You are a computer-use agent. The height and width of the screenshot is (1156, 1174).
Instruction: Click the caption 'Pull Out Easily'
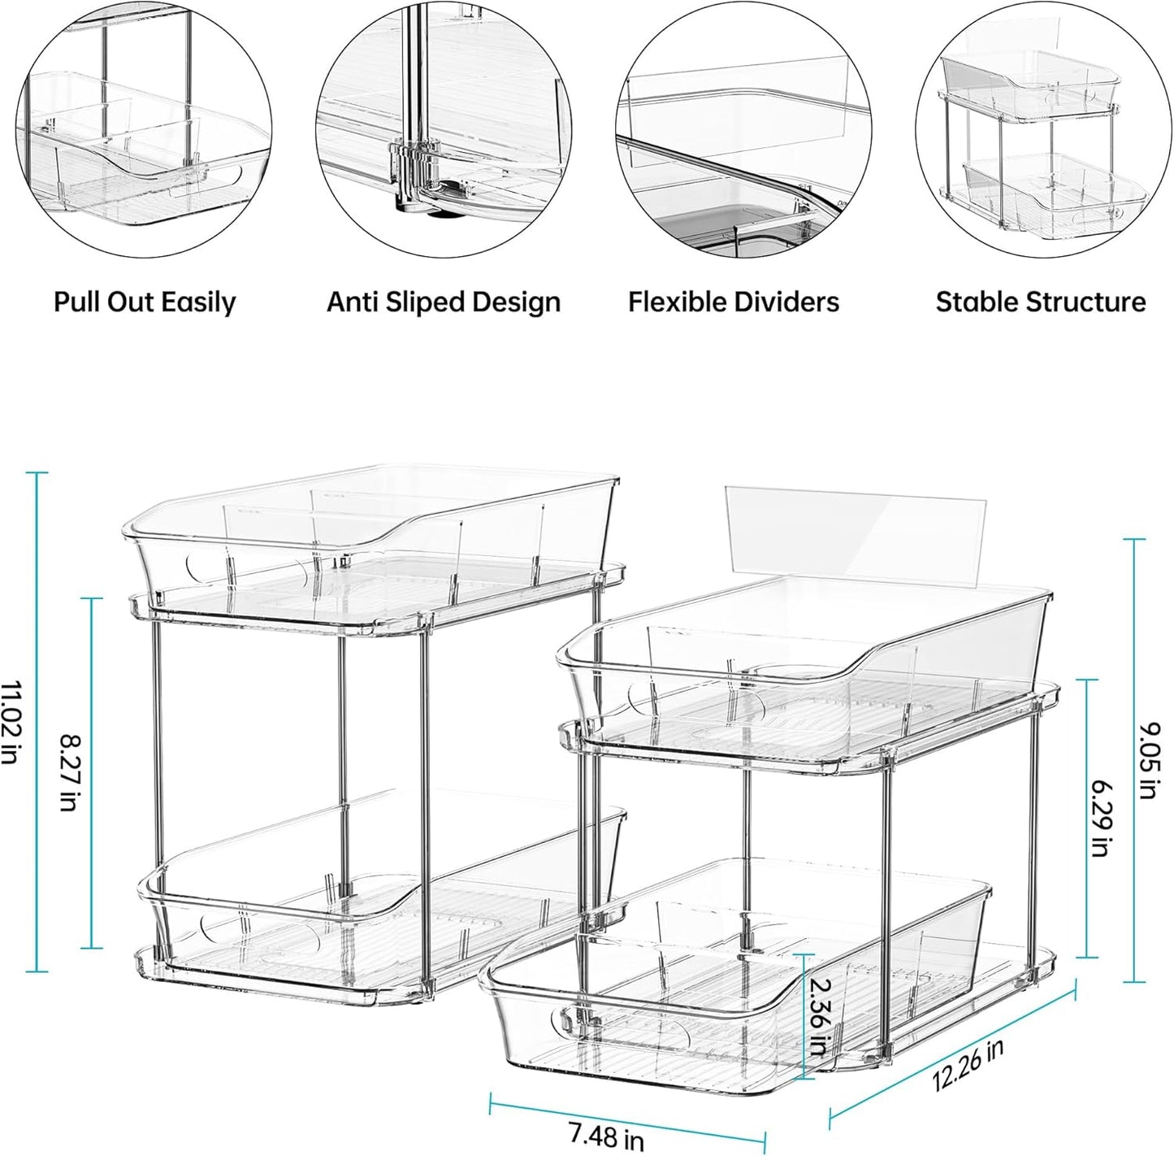[145, 302]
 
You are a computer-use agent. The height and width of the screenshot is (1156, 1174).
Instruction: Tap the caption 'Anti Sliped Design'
[444, 302]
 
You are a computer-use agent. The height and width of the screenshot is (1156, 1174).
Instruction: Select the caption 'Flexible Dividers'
[733, 302]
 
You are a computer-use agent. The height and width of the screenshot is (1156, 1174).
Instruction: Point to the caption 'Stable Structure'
[1041, 302]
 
